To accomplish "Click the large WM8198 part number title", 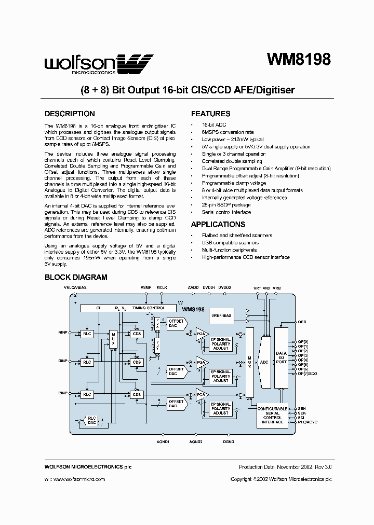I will pos(298,60).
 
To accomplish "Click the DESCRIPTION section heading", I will pos(70,114).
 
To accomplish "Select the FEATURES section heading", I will pos(210,114).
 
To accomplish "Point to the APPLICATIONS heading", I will pos(218,225).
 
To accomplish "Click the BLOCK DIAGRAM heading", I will pos(76,278).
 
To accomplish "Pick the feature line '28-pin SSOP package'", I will pos(226,205).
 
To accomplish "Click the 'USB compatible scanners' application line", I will pos(230,243).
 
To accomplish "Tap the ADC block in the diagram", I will pos(264,362).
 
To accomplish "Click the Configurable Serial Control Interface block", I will pos(273,415).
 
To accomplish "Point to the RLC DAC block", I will pos(92,421).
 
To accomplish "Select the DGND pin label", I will pos(229,441).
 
